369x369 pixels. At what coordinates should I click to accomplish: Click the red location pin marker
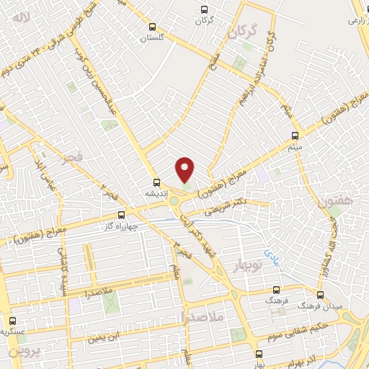(x=185, y=169)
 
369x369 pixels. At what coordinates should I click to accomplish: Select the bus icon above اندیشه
(x=155, y=182)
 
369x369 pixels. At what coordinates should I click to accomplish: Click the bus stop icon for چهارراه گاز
(x=120, y=214)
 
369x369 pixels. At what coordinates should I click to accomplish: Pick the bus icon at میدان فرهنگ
(x=321, y=294)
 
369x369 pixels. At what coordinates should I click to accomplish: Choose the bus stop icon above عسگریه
(x=11, y=321)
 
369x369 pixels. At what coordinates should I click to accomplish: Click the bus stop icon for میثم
(x=295, y=135)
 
